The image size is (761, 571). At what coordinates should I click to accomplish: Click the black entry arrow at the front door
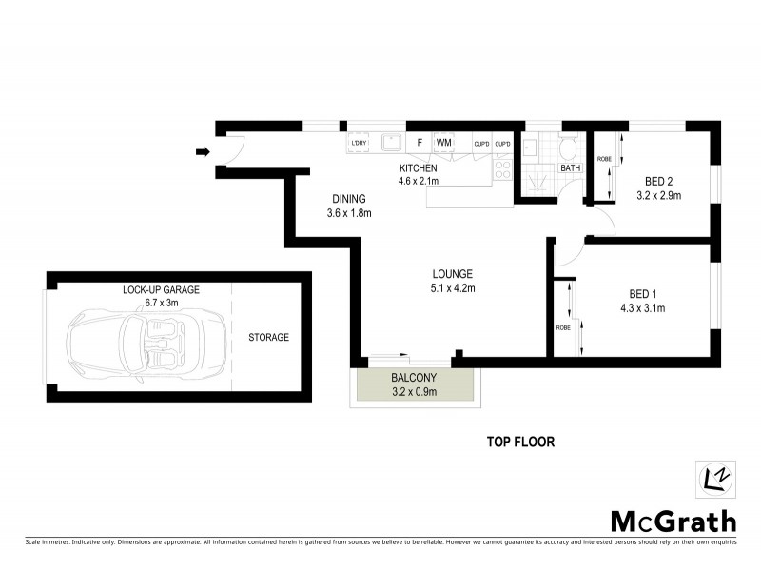[202, 151]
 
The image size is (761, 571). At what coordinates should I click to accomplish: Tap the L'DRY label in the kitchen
[359, 144]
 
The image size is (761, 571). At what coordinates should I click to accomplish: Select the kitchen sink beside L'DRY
[390, 144]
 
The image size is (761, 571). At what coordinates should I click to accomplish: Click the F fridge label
[419, 143]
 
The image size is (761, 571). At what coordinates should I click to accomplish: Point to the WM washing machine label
[443, 143]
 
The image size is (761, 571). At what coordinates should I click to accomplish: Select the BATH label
[570, 168]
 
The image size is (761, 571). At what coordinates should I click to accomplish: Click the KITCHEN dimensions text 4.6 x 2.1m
[418, 181]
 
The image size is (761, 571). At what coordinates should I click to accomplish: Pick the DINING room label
[348, 199]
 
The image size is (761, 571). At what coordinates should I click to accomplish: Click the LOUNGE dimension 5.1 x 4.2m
[452, 288]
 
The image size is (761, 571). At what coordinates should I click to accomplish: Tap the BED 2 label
[659, 181]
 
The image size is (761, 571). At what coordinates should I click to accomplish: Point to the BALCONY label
[414, 378]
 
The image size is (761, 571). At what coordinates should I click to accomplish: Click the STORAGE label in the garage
[268, 337]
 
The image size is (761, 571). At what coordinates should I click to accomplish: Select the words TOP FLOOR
[519, 442]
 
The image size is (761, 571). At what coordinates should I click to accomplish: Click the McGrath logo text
[673, 521]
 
